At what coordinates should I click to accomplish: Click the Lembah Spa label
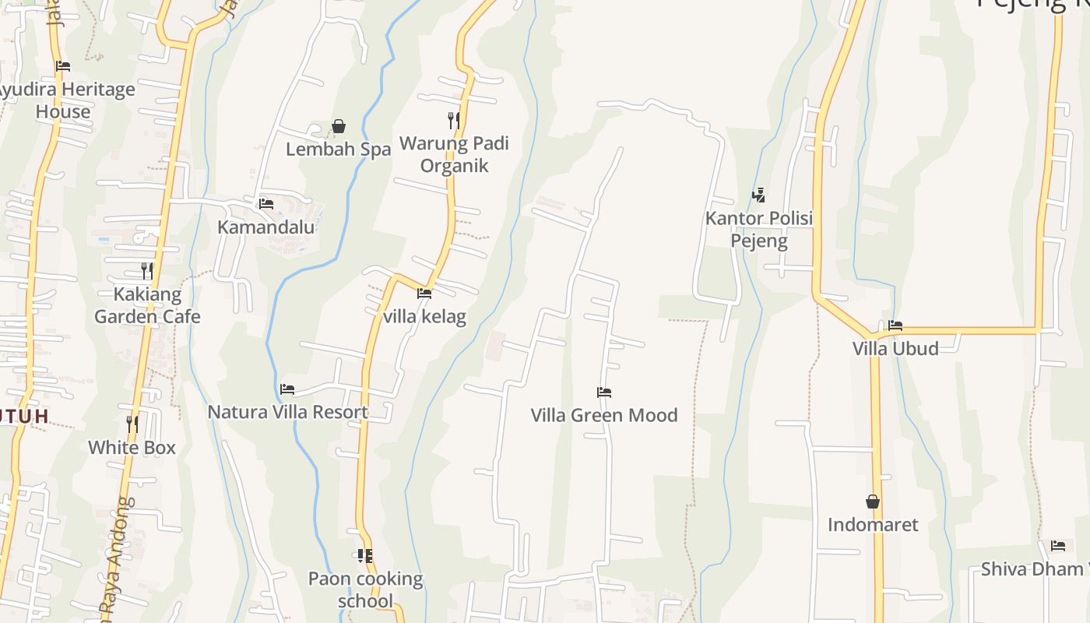pos(338,150)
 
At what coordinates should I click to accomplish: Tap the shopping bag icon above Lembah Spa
pos(339,126)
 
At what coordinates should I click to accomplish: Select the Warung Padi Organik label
pos(454,154)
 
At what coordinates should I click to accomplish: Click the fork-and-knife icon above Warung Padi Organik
pos(453,120)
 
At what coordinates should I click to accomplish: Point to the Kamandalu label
pos(265,227)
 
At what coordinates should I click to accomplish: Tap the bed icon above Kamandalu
pos(265,204)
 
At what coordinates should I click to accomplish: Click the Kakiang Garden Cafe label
pos(147,305)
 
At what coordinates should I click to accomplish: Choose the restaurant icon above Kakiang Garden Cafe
pos(146,270)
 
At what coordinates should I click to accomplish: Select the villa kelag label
pos(424,317)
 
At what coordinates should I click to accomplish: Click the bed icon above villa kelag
pos(424,294)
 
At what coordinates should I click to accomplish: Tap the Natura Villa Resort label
pos(287,412)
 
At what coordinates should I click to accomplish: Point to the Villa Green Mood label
pos(604,415)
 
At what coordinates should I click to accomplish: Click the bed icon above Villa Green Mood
pos(604,392)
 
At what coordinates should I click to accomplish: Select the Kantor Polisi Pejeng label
pos(759,229)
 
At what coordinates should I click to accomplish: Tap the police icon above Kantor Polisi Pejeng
pos(759,195)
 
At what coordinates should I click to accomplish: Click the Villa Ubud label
pos(895,348)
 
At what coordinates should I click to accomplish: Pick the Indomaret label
pos(873,525)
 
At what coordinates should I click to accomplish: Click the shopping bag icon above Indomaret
pos(873,502)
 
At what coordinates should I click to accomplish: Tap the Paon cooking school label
pos(366,590)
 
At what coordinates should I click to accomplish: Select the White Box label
pos(132,448)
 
